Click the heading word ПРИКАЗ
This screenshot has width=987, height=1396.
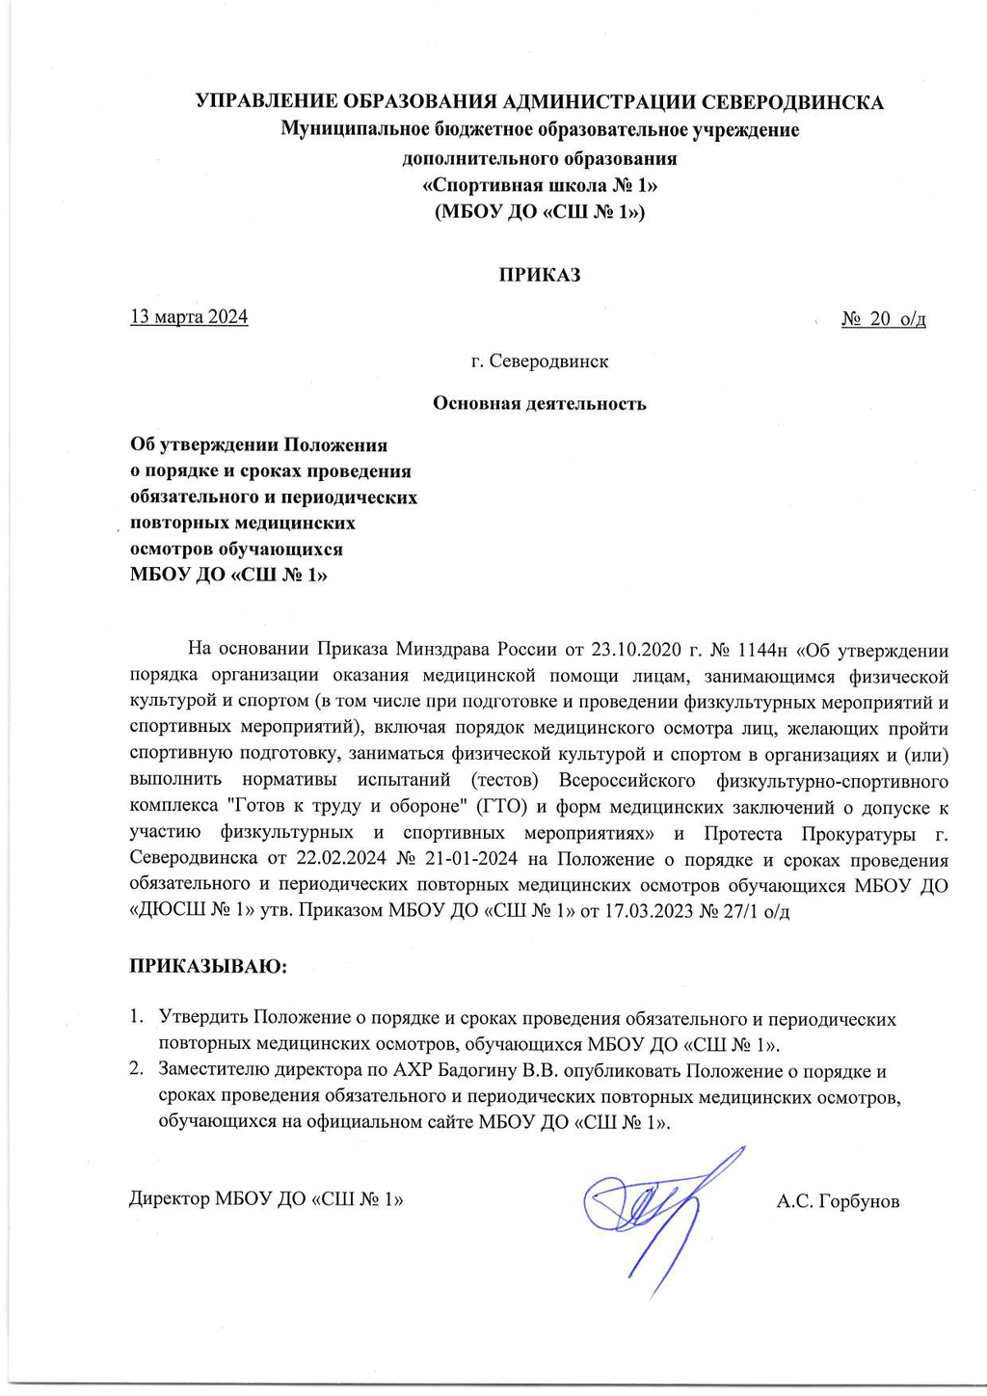click(539, 275)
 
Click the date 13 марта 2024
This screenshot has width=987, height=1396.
click(189, 317)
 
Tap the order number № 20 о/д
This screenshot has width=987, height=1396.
click(883, 319)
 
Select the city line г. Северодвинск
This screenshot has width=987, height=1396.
click(539, 362)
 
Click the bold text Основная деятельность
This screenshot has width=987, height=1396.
click(539, 403)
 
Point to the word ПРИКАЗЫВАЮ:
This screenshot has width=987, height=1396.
click(208, 965)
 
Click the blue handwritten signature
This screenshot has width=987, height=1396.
click(655, 1205)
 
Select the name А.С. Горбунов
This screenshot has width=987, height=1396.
click(838, 1201)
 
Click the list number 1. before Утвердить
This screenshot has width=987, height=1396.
click(137, 1019)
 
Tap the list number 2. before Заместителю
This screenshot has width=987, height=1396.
click(137, 1071)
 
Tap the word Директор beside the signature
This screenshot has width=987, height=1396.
click(169, 1200)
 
